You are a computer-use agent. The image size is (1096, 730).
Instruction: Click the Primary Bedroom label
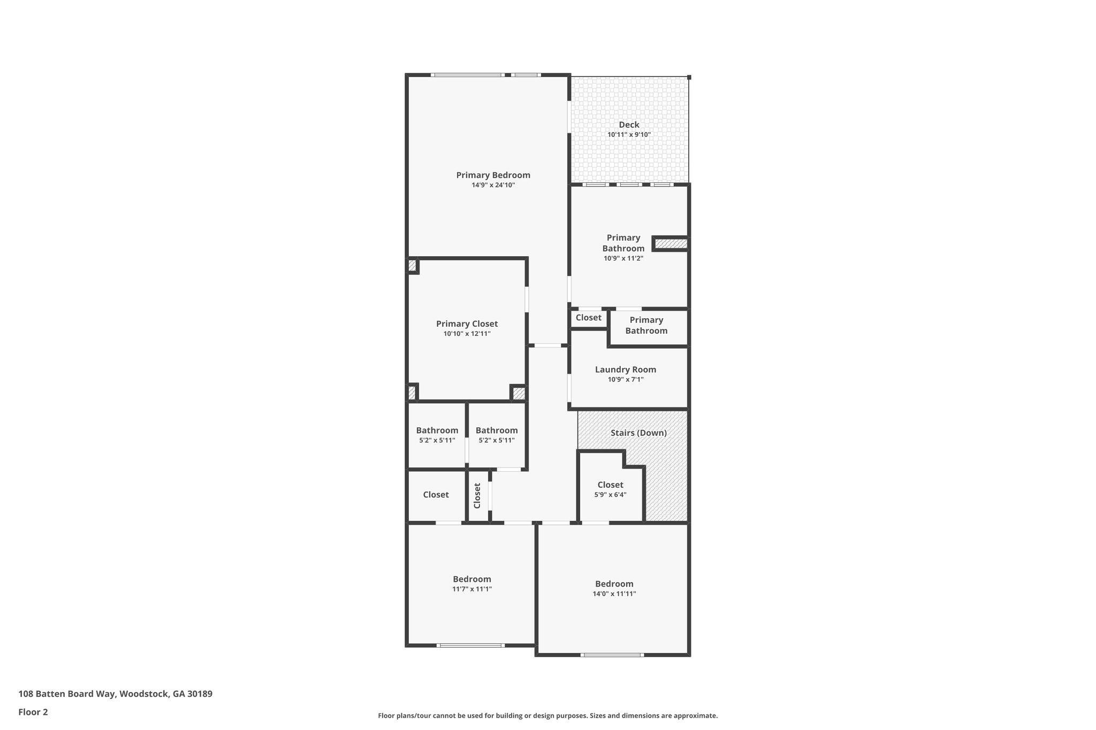[493, 175]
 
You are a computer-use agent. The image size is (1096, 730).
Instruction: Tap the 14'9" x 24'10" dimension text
[493, 185]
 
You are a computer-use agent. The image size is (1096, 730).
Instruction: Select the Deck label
[629, 125]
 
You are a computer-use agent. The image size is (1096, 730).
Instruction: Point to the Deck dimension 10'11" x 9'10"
[629, 135]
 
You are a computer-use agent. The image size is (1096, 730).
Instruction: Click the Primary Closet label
[467, 324]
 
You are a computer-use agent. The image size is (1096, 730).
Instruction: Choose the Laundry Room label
[626, 370]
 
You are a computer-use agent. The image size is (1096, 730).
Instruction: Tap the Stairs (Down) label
[638, 433]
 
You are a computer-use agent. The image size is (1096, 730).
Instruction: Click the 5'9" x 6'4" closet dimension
[610, 495]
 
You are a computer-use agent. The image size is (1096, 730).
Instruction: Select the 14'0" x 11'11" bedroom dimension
[614, 594]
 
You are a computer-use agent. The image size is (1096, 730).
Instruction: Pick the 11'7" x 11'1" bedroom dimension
[472, 589]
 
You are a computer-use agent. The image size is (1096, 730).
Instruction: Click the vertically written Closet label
[477, 496]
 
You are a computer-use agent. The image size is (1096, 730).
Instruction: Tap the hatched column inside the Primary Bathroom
[671, 244]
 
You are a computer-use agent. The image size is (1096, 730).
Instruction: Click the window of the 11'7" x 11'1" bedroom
[470, 646]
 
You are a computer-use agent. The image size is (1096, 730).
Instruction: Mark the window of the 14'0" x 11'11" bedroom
[612, 655]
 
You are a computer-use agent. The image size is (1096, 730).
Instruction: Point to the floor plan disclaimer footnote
[548, 716]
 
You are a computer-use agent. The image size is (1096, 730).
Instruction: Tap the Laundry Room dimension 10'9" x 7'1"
[626, 380]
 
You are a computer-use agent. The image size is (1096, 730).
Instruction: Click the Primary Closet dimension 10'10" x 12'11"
[467, 334]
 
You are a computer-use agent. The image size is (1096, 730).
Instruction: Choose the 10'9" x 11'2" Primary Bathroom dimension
[623, 258]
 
